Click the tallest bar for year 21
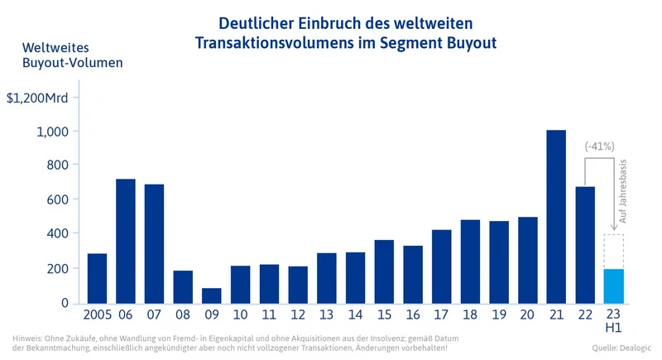pyautogui.click(x=556, y=217)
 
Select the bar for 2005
pyautogui.click(x=97, y=278)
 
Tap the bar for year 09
pyautogui.click(x=212, y=295)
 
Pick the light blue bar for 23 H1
pyautogui.click(x=613, y=286)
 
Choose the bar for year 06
pyautogui.click(x=126, y=241)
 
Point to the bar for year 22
pyautogui.click(x=585, y=245)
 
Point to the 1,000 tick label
pyautogui.click(x=52, y=132)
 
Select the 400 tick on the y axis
pyautogui.click(x=57, y=234)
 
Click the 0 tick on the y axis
pyautogui.click(x=64, y=303)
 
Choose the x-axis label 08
pyautogui.click(x=183, y=316)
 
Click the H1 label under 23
pyautogui.click(x=613, y=329)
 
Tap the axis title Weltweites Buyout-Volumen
pyautogui.click(x=73, y=54)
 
